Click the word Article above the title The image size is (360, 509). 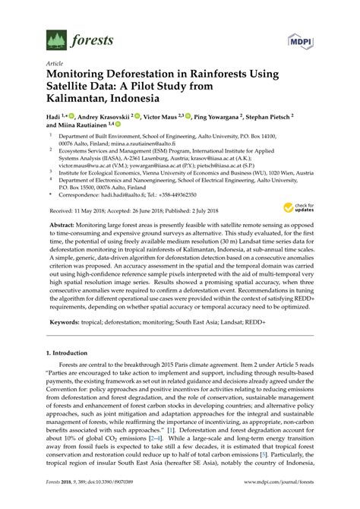[x=55, y=64]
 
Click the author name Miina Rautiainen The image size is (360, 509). [x=84, y=126]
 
